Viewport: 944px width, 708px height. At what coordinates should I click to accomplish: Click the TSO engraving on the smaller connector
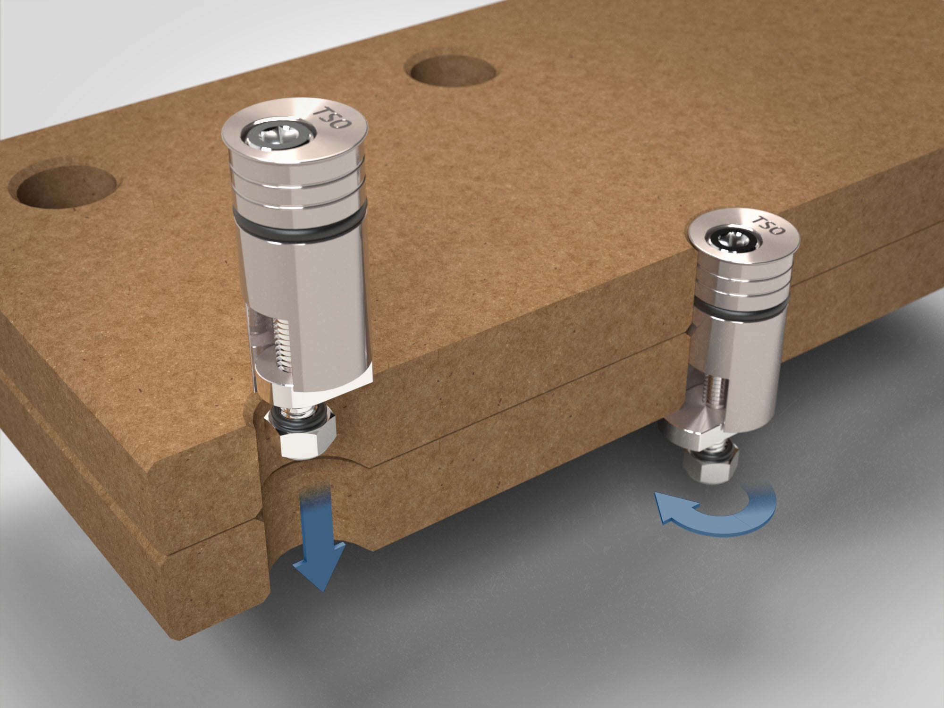pos(767,226)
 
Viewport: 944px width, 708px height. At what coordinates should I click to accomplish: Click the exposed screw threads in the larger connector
pos(281,349)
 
